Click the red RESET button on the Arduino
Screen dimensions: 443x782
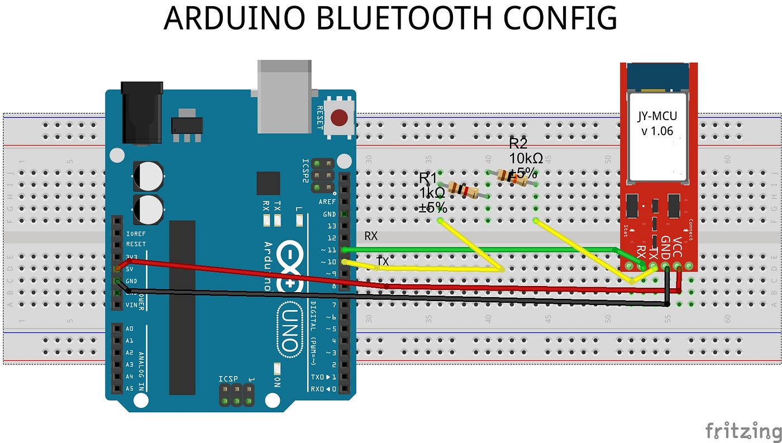(x=338, y=118)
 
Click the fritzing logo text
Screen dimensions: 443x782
(x=742, y=431)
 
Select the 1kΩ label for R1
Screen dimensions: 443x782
(x=432, y=193)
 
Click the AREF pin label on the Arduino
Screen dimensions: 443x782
(x=327, y=202)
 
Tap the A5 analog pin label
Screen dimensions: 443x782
(x=129, y=388)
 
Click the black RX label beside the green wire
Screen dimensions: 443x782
(x=371, y=236)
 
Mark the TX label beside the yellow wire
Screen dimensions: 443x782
(x=383, y=261)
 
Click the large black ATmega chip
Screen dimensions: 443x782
(x=182, y=307)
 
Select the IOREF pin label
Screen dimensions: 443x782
(x=136, y=234)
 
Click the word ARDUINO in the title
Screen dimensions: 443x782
(x=235, y=18)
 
